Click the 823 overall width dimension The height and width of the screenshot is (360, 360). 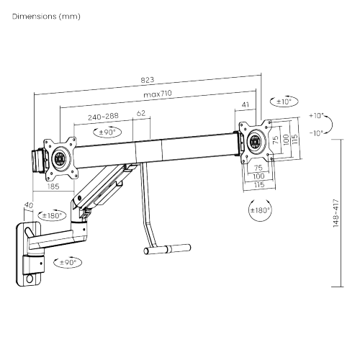(x=148, y=79)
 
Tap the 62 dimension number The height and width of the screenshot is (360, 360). (x=141, y=114)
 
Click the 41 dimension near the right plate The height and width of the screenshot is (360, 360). (x=246, y=106)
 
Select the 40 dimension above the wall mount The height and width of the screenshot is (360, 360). (x=29, y=205)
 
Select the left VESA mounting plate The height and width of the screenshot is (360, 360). (x=58, y=155)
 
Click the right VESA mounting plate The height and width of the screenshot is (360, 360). (x=255, y=140)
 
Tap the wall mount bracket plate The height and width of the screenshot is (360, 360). (x=27, y=256)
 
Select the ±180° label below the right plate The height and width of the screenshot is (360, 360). (x=259, y=211)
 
